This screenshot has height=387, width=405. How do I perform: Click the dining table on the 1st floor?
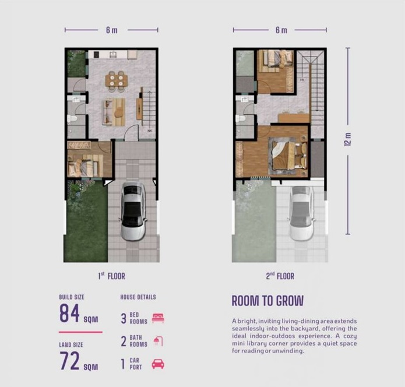(x=117, y=80)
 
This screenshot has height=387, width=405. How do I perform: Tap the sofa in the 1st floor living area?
(x=108, y=112)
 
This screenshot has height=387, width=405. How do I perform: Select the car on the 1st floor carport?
(x=133, y=211)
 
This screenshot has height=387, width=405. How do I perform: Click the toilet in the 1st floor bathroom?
(x=72, y=118)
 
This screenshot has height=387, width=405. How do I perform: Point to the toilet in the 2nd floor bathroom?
(x=241, y=118)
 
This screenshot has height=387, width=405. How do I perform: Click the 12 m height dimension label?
(x=348, y=139)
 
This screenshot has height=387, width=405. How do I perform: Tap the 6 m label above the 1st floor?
(x=112, y=30)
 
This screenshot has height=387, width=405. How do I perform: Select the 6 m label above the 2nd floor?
(x=281, y=30)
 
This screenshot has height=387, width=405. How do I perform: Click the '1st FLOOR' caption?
(x=111, y=276)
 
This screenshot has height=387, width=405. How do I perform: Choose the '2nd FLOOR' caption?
(x=280, y=276)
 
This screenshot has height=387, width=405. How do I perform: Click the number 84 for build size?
(x=69, y=313)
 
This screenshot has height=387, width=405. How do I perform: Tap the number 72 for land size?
(x=69, y=360)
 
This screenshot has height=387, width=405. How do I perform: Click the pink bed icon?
(x=158, y=318)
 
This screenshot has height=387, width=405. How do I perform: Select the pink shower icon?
(x=158, y=341)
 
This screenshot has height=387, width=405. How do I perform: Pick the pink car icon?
(x=158, y=364)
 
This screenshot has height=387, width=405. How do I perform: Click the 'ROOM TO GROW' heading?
(x=267, y=301)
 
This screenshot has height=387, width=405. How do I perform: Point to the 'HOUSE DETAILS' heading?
(x=138, y=297)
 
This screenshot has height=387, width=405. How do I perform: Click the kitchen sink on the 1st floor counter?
(x=113, y=55)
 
